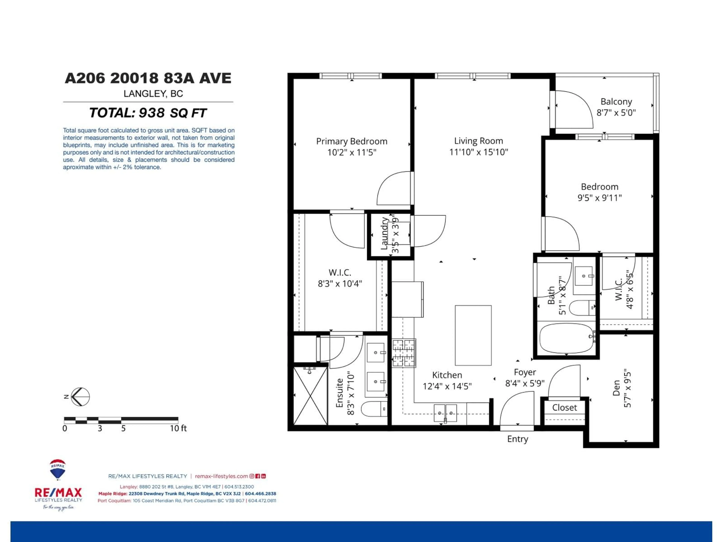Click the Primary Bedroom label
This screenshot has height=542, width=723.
(352, 142)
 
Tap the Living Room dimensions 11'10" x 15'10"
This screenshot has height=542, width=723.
(478, 152)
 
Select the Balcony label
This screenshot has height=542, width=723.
(616, 102)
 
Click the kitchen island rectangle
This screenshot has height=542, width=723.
(473, 335)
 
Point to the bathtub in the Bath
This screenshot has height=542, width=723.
(566, 338)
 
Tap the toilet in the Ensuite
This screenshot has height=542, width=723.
(374, 409)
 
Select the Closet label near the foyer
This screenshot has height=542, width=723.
(564, 408)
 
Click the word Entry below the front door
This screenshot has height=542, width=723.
(517, 439)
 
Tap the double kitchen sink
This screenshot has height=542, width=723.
(445, 413)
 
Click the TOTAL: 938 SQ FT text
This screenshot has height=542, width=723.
(148, 113)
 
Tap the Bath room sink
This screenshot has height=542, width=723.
(584, 276)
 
